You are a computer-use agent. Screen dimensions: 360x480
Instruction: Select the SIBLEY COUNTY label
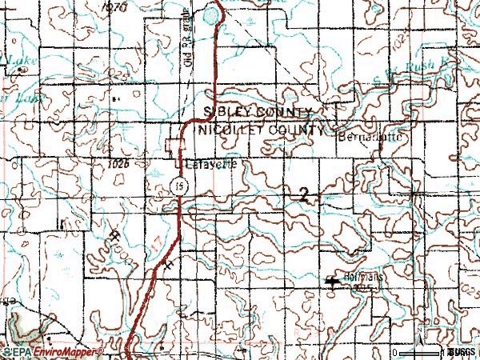(258, 110)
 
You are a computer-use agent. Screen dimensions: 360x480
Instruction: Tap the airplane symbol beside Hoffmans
(333, 281)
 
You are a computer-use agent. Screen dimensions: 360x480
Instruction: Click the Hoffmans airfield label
(358, 279)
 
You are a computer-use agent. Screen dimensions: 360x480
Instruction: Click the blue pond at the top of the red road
(210, 14)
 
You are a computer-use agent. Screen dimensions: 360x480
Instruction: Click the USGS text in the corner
(462, 352)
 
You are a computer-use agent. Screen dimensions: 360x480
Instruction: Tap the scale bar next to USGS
(420, 351)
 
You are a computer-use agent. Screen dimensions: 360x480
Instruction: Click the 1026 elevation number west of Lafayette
(117, 163)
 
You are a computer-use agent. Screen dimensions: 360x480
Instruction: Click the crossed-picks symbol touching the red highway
(170, 263)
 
